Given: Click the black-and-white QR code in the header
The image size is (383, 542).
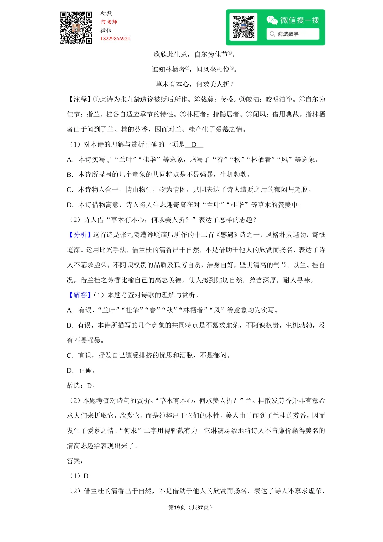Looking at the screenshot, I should coord(76,28).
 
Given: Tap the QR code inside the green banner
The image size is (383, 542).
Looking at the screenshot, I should coord(243,27).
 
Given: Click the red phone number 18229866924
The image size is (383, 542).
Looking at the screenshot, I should coord(115,39).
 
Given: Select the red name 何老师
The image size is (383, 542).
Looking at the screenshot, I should coord(109,22).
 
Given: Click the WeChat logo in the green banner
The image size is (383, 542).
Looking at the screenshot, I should coord(272,20).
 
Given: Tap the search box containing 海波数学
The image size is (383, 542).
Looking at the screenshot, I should coord(293,34).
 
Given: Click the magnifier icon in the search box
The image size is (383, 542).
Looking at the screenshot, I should coord(272,34).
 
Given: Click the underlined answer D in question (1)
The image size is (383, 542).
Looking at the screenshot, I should coord(194,144).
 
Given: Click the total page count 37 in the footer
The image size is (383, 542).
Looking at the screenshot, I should coord(200,507).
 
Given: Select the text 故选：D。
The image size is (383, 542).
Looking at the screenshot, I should coord(81,385).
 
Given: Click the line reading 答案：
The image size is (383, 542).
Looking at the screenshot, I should coord(75,461).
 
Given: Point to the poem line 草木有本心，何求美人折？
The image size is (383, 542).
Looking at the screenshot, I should coord(195,84).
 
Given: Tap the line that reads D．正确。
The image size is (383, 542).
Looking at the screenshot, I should coord(81,371).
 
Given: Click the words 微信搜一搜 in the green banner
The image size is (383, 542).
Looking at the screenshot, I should coord(299,20).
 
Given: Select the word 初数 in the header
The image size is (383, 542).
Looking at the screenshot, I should coord(106,13).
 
